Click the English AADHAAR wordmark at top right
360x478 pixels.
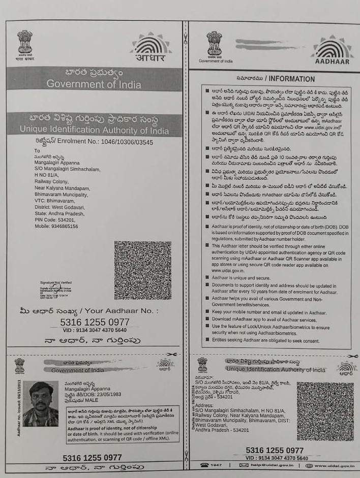[x=332, y=61]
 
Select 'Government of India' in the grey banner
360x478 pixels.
[x=94, y=84]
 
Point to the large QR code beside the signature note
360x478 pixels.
[x=142, y=270]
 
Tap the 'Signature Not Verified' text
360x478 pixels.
[x=56, y=282]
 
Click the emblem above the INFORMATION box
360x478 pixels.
[x=214, y=44]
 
